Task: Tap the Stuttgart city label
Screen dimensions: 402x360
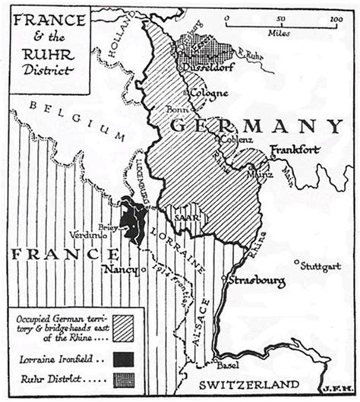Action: tap(319, 266)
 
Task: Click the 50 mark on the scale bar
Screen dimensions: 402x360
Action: tap(280, 17)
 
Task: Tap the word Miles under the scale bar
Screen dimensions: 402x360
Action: tap(279, 34)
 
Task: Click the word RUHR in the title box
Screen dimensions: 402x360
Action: tap(45, 54)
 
